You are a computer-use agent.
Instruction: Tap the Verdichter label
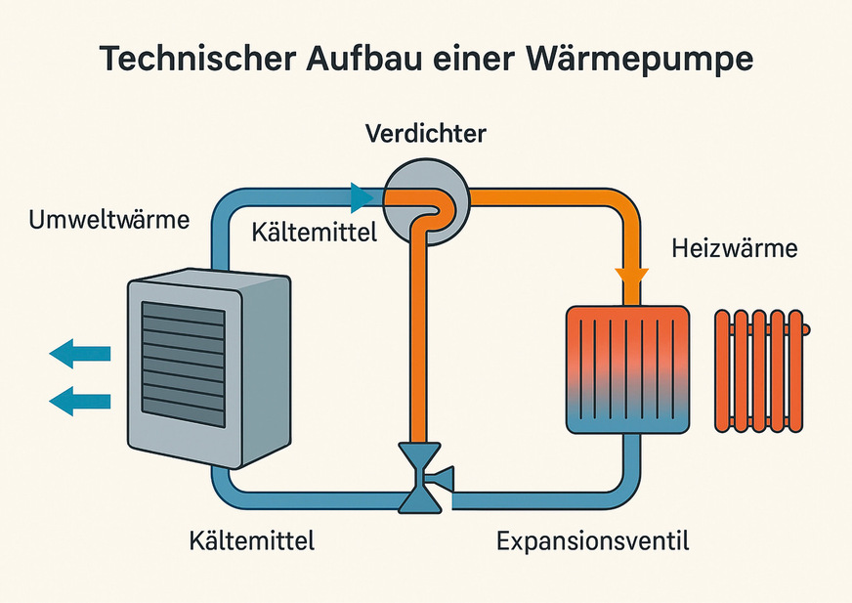tap(425, 133)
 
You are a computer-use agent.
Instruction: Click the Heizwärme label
tap(735, 248)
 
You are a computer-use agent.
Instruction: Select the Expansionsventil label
tap(593, 539)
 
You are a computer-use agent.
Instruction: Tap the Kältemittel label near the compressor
tap(314, 233)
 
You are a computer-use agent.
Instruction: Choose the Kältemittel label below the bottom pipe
tap(251, 539)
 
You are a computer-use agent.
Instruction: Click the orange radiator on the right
tap(762, 370)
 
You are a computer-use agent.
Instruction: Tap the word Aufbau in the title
tap(361, 60)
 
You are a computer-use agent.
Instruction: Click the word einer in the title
tap(474, 60)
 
